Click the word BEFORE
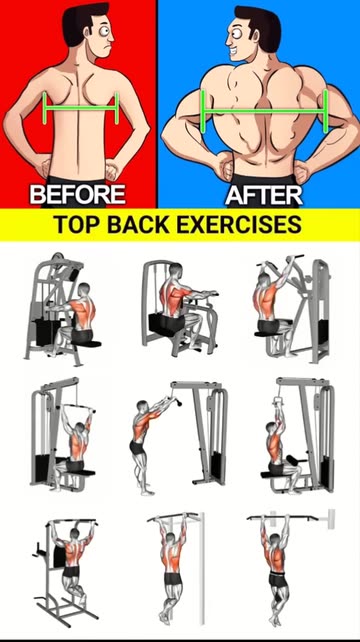click(77, 194)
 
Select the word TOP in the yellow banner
click(75, 225)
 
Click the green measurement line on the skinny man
click(81, 108)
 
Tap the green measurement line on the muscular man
click(264, 111)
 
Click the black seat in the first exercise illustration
click(86, 344)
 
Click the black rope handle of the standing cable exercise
click(178, 405)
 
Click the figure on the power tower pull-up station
click(73, 565)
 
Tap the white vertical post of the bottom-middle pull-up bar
click(202, 568)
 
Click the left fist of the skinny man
click(44, 167)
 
